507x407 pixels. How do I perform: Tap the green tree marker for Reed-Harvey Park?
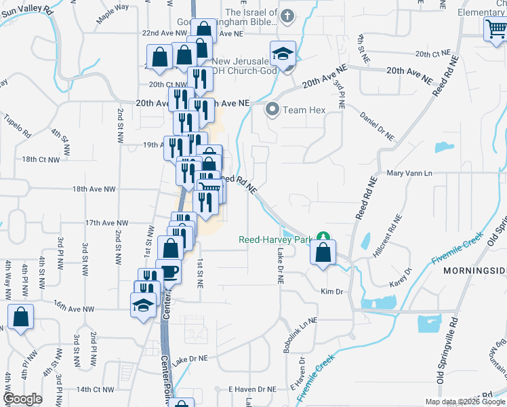pyautogui.click(x=324, y=238)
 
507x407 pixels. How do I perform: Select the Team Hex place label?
pyautogui.click(x=304, y=110)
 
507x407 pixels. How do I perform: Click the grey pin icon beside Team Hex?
pyautogui.click(x=273, y=109)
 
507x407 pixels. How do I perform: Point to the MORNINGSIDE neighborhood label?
pyautogui.click(x=474, y=271)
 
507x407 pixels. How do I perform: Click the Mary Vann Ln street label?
pyautogui.click(x=409, y=174)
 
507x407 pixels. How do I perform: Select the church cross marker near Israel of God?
pyautogui.click(x=287, y=16)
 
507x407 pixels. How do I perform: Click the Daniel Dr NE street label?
pyautogui.click(x=377, y=126)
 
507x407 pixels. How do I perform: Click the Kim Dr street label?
pyautogui.click(x=333, y=291)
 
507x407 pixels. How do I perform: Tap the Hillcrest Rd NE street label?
pyautogui.click(x=387, y=235)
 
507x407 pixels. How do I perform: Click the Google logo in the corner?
pyautogui.click(x=23, y=399)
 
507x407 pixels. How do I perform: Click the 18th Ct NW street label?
pyautogui.click(x=41, y=159)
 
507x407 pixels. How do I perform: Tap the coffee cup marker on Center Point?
pyautogui.click(x=168, y=272)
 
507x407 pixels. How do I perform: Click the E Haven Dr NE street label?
pyautogui.click(x=252, y=389)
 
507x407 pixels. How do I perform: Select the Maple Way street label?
pyautogui.click(x=112, y=16)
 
